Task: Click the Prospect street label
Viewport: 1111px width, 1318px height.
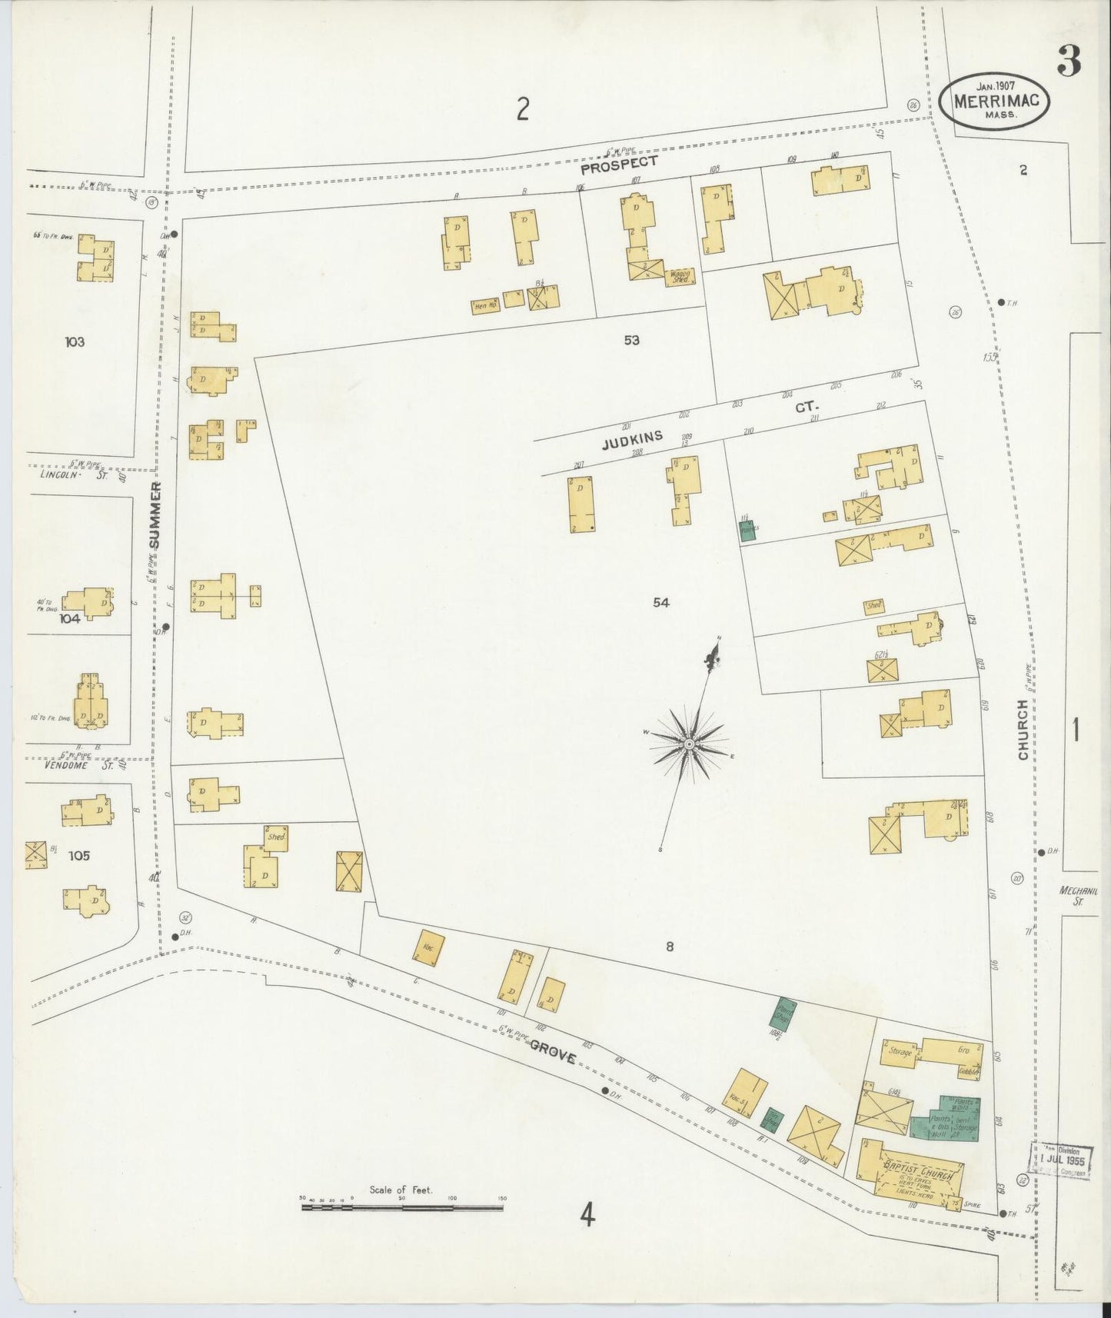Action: (619, 163)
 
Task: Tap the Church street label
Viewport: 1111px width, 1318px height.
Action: (1023, 730)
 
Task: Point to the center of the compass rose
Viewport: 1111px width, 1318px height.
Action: (690, 744)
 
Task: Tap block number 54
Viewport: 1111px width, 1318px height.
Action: (661, 603)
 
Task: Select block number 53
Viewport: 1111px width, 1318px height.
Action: (631, 339)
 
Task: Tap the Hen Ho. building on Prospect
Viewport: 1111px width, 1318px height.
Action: (483, 306)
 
